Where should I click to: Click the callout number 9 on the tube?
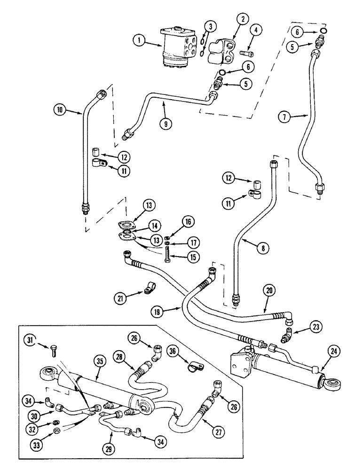(164, 124)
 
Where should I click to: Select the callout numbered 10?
(60, 111)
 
